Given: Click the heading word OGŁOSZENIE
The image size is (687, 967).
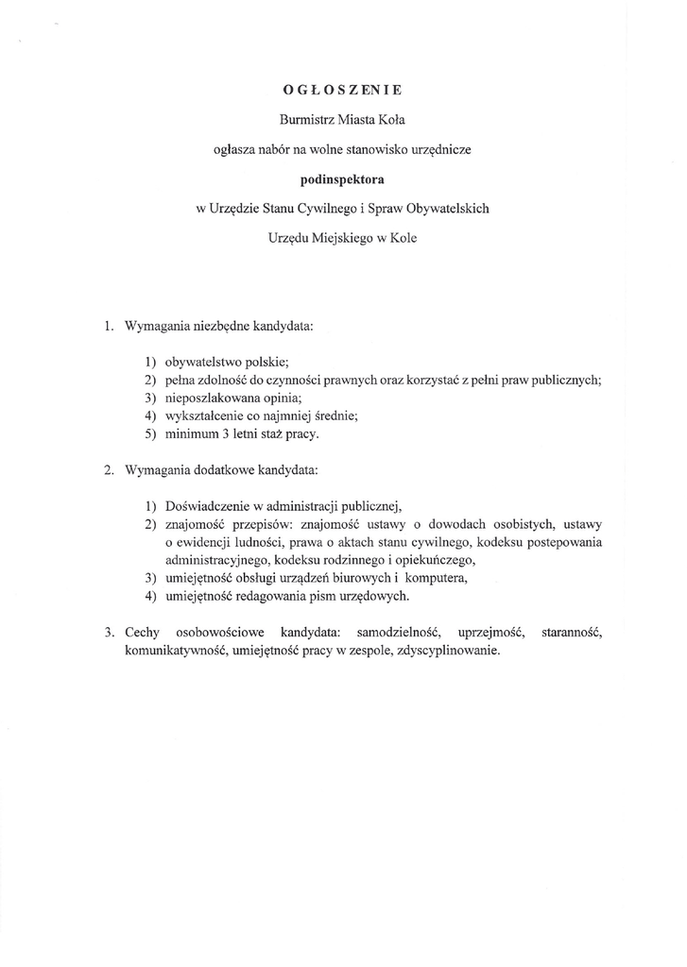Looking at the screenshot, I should [x=342, y=91].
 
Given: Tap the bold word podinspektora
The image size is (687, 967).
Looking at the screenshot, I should [x=342, y=178].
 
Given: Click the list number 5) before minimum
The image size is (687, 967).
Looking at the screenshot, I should [x=151, y=433].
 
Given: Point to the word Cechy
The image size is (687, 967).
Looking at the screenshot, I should [x=141, y=631].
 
